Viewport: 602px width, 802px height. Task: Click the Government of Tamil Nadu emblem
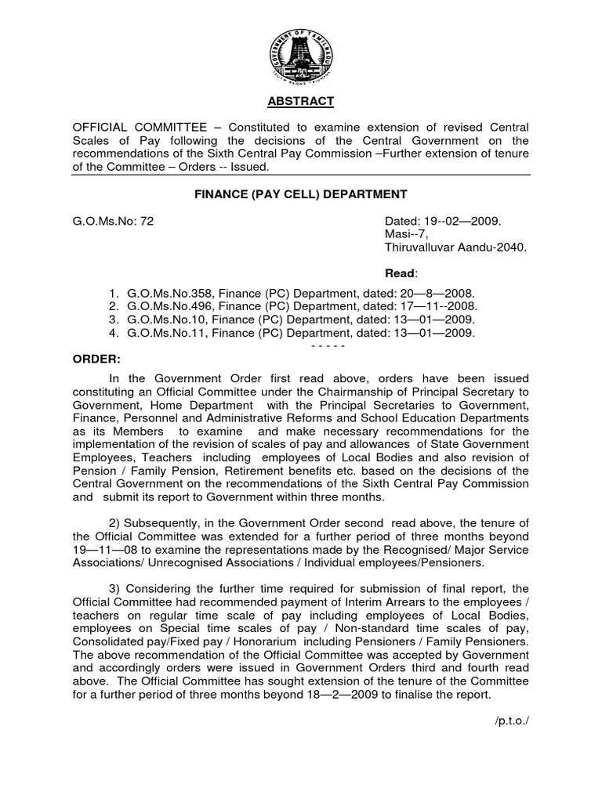coord(302,53)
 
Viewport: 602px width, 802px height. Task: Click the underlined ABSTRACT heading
coord(301,101)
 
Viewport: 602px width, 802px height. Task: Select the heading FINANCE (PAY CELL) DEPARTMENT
coord(301,193)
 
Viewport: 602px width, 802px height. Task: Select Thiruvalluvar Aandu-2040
coord(455,247)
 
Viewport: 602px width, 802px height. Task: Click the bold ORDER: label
coord(97,358)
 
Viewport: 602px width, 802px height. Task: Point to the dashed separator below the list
coord(328,345)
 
